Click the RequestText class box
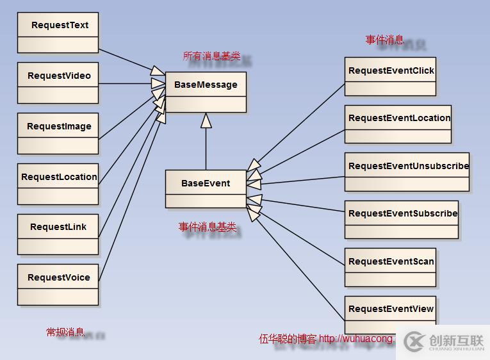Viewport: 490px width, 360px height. point(58,32)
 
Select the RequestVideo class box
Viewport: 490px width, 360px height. point(58,83)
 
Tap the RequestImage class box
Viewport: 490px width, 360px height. point(58,133)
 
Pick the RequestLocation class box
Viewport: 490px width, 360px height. point(58,184)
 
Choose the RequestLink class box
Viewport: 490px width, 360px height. point(58,234)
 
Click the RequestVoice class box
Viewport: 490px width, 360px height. point(58,284)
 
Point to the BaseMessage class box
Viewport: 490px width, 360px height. point(206,92)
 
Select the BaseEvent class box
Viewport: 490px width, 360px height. point(206,189)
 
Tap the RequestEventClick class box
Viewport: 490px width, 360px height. point(391,78)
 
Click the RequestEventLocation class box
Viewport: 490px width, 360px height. point(398,124)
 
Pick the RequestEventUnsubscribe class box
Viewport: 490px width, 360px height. point(407,172)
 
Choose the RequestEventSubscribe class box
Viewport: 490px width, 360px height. point(402,220)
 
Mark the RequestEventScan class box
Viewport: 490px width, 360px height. point(391,267)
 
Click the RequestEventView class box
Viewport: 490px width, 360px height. point(391,315)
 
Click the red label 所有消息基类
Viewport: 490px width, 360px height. point(209,56)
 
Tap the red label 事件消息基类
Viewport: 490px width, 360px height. point(208,227)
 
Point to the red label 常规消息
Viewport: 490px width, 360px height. point(65,332)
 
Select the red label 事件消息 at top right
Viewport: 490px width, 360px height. point(384,40)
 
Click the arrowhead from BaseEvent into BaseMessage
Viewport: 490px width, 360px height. point(206,120)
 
